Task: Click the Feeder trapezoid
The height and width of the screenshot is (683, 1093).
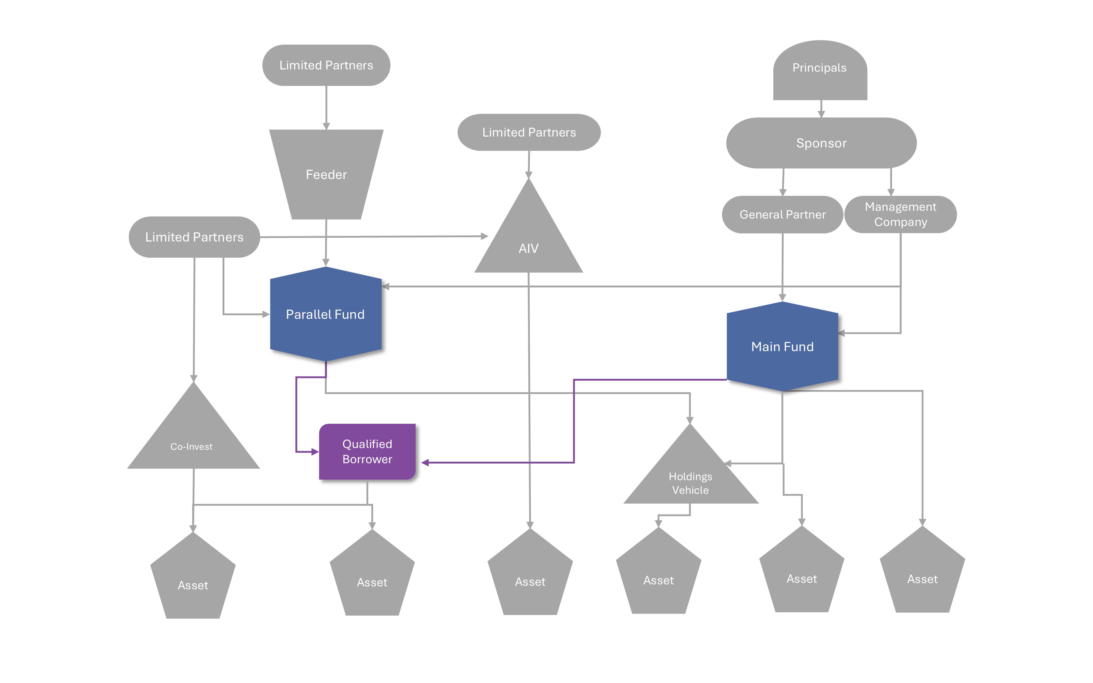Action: [x=326, y=174]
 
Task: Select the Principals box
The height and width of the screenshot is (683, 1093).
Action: [x=820, y=70]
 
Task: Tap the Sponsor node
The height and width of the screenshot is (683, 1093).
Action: [x=821, y=143]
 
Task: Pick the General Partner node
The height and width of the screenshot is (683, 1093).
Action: [x=782, y=215]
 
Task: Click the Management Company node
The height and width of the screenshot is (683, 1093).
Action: [x=900, y=215]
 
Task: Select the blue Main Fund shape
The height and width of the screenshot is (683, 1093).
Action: [x=782, y=346]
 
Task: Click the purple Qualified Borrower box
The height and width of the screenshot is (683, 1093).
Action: [x=367, y=452]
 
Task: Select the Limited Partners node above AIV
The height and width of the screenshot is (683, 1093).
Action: [x=529, y=132]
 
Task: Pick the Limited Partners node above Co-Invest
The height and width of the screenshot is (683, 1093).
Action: [x=194, y=237]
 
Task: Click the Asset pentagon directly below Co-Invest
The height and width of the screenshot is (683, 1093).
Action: [x=193, y=580]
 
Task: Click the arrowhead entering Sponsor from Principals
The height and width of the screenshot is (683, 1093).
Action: [x=821, y=114]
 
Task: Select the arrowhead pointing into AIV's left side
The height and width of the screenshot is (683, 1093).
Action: [x=484, y=236]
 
